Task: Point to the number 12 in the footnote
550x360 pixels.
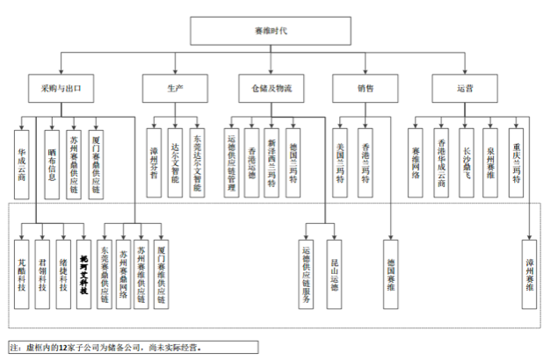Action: coord(64,348)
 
